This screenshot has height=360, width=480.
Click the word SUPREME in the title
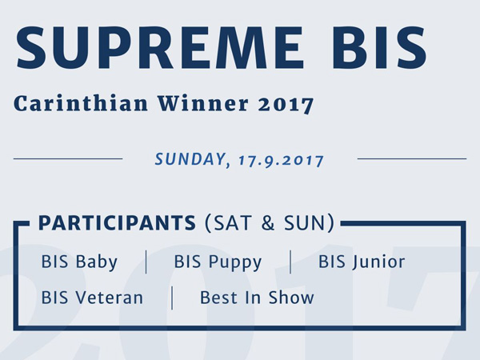tap(159, 48)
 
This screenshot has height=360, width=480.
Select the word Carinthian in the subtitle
tap(81, 103)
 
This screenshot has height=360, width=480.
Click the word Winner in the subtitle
tap(203, 103)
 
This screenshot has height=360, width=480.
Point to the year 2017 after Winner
tap(286, 104)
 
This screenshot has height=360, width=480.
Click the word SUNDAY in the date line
tap(190, 159)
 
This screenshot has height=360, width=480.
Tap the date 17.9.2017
tap(281, 161)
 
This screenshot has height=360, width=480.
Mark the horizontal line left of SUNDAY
tap(68, 159)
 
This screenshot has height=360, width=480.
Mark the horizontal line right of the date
tap(412, 159)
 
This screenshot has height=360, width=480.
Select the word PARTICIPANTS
tap(117, 223)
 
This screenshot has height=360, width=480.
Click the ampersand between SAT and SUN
tap(268, 223)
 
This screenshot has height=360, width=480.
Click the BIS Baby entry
tap(79, 262)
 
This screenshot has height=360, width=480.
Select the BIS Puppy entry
tap(218, 262)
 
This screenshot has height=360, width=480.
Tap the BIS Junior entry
tap(362, 262)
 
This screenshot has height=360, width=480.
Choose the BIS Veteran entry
tap(92, 298)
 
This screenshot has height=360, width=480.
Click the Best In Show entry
tap(257, 298)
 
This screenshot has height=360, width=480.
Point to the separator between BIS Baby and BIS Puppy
tap(146, 262)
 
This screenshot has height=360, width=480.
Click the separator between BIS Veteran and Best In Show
tap(172, 298)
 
